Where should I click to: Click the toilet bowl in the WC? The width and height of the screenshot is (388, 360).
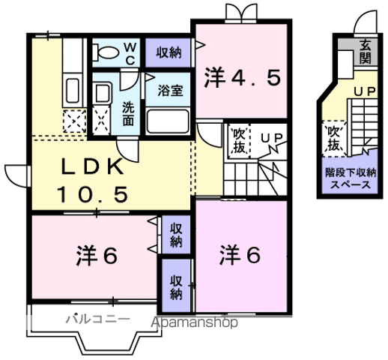tap(106, 52)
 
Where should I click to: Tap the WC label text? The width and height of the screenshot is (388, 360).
tap(130, 53)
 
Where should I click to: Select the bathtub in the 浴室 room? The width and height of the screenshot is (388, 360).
tap(168, 121)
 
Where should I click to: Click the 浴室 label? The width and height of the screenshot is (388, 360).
tap(170, 91)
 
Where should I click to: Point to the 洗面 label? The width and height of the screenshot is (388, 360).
tap(128, 114)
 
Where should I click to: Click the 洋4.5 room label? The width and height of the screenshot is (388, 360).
tap(242, 77)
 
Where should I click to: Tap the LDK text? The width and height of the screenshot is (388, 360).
tap(92, 166)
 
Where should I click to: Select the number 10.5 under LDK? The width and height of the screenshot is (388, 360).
tap(92, 194)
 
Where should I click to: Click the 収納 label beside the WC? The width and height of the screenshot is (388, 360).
tap(169, 52)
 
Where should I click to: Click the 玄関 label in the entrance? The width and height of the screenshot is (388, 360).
tap(366, 52)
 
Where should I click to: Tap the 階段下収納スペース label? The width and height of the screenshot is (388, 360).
tap(350, 178)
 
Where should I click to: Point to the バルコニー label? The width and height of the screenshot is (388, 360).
tap(98, 319)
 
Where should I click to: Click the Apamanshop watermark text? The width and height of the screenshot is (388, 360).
tap(195, 322)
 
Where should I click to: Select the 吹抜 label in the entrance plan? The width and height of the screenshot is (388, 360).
tap(333, 138)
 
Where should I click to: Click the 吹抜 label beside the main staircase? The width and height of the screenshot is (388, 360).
tap(239, 140)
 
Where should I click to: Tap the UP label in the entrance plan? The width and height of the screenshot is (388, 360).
tap(365, 91)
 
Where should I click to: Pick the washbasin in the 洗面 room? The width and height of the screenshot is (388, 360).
tap(102, 93)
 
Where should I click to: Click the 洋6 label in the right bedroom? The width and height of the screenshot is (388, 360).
tap(240, 255)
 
